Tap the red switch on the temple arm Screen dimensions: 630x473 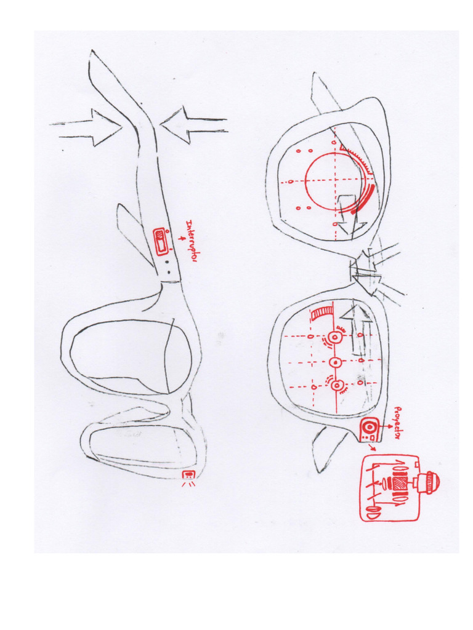pos(160,240)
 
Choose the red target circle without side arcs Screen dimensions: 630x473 pos(335,361)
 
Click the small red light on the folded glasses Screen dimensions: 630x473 pos(188,475)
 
